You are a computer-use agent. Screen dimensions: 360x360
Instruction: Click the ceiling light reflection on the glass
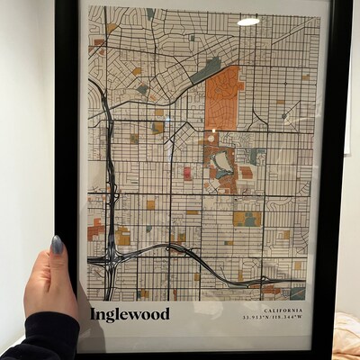(248, 21)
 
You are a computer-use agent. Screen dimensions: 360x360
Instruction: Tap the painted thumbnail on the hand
(58, 245)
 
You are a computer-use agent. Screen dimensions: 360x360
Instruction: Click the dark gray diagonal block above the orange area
(206, 69)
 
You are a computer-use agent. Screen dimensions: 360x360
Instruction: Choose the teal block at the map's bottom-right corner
(297, 292)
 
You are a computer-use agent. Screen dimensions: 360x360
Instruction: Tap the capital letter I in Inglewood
(94, 314)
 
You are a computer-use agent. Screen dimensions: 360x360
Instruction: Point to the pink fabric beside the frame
(347, 334)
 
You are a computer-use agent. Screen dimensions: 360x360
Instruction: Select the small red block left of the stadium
(187, 173)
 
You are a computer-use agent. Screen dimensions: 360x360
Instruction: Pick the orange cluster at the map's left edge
(94, 229)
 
